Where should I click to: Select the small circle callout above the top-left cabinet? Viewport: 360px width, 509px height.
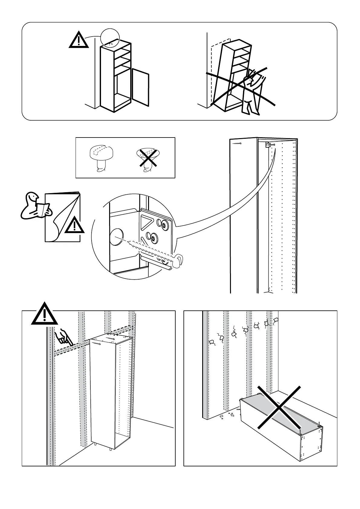(x=110, y=38)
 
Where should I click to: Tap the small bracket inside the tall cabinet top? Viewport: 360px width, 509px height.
(x=268, y=145)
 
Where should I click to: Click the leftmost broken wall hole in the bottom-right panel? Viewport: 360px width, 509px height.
(x=212, y=342)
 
